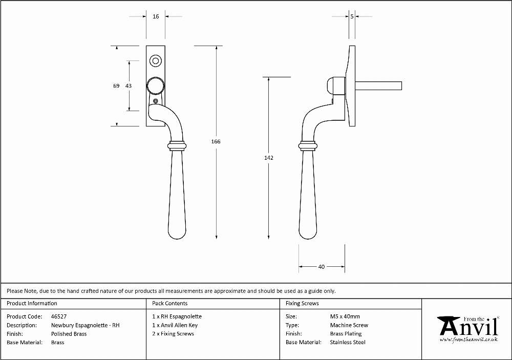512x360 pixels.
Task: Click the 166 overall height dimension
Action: coord(216,141)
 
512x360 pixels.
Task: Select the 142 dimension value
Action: coord(269,158)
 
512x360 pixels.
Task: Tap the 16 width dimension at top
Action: coord(156,16)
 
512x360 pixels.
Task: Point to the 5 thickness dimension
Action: coord(352,16)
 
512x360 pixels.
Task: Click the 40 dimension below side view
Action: coord(322,267)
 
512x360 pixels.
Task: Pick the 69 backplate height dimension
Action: coord(116,86)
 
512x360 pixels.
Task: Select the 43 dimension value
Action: coord(129,86)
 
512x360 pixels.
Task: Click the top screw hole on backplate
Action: coord(156,61)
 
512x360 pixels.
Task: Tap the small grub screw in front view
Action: coord(156,101)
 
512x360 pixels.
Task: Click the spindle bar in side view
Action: coord(378,86)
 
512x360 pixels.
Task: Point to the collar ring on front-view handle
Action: coord(177,146)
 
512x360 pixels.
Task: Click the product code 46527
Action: coord(59,316)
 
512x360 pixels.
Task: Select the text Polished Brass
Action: coord(69,334)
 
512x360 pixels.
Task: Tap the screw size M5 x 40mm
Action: coord(345,316)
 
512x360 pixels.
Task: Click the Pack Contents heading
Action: coord(170,304)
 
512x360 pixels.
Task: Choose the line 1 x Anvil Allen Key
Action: coord(175,325)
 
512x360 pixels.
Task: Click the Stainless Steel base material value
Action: coord(348,343)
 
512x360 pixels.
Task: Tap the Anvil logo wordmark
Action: coord(468,327)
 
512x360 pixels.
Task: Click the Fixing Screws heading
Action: coord(302,304)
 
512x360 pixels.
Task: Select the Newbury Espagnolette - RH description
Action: coord(85,325)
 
